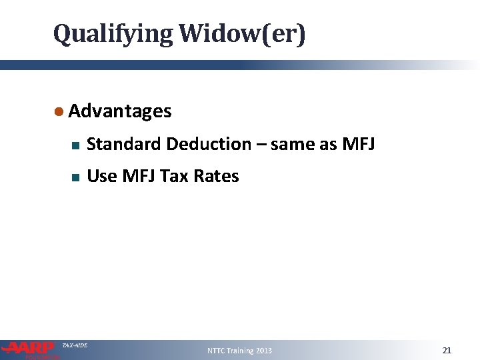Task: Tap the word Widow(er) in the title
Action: pyautogui.click(x=241, y=33)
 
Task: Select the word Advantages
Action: pyautogui.click(x=120, y=111)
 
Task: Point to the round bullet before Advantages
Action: pyautogui.click(x=59, y=111)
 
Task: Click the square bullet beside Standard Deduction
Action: pyautogui.click(x=75, y=145)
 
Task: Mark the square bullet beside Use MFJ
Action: pyautogui.click(x=75, y=177)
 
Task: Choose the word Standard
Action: pyautogui.click(x=124, y=144)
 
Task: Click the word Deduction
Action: pyautogui.click(x=209, y=144)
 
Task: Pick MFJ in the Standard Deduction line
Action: pyautogui.click(x=357, y=144)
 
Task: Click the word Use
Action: pyautogui.click(x=101, y=177)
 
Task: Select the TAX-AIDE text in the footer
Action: pyautogui.click(x=75, y=345)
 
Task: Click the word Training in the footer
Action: pyautogui.click(x=241, y=351)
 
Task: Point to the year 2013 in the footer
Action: pyautogui.click(x=264, y=351)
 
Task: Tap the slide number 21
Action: pyautogui.click(x=447, y=350)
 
